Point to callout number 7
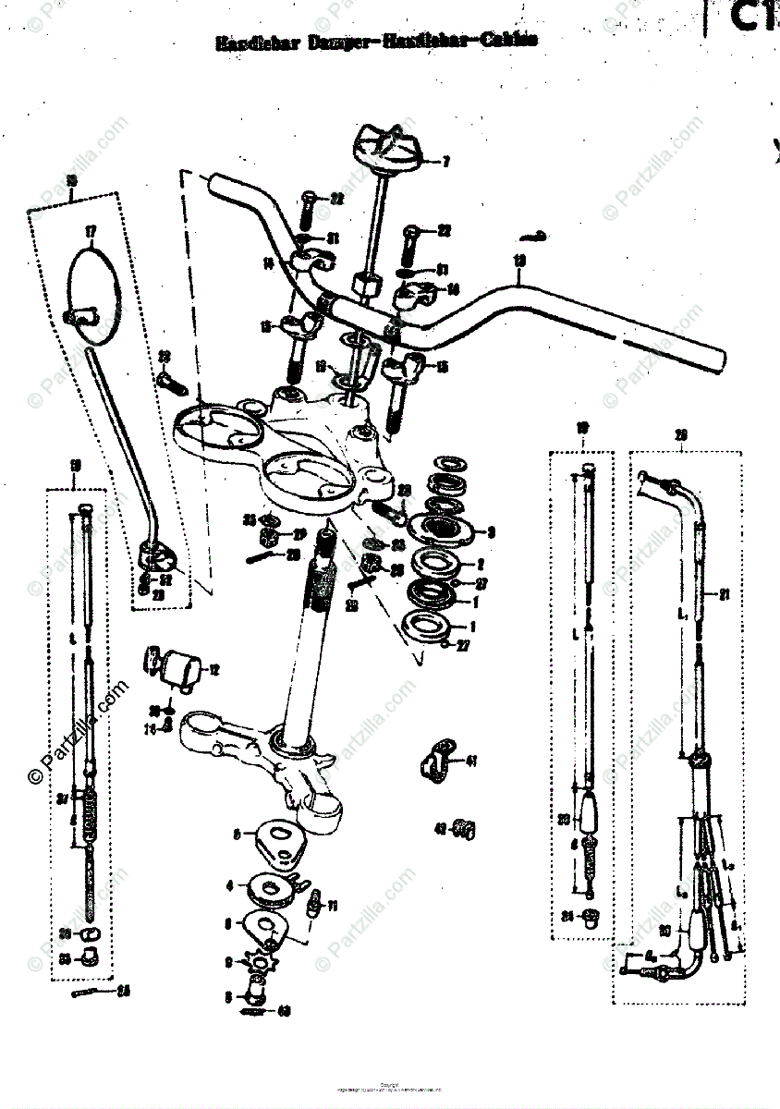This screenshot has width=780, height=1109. pos(445,162)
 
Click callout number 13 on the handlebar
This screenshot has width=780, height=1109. pos(519,261)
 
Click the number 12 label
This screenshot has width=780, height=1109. pos(213,669)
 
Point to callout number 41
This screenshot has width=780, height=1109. pos(471,762)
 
